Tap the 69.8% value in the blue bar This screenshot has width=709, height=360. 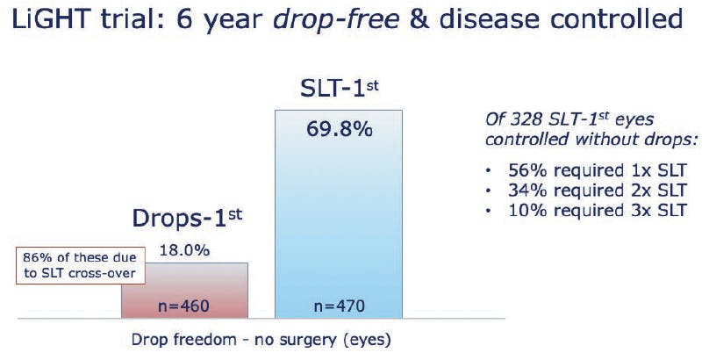point(339,128)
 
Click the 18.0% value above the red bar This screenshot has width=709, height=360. point(184,250)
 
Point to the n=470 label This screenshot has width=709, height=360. point(339,306)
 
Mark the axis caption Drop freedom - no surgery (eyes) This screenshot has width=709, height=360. point(261,339)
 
